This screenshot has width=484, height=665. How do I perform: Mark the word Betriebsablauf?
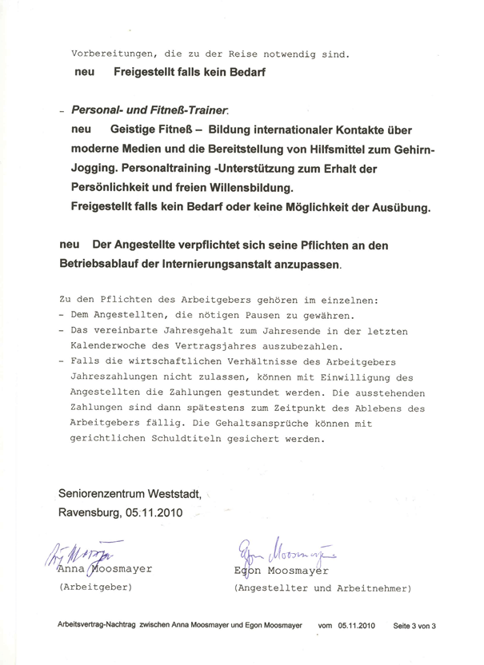coord(101,261)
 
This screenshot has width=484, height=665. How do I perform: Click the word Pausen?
coord(252,316)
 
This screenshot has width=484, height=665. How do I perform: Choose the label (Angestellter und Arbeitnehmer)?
coord(322,587)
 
